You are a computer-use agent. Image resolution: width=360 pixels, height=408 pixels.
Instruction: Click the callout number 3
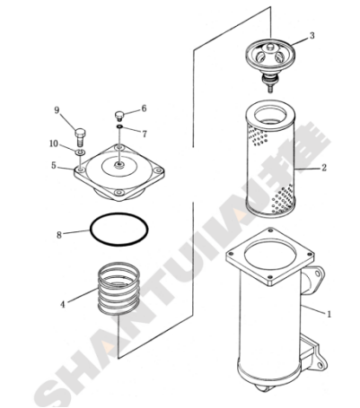pyautogui.click(x=312, y=36)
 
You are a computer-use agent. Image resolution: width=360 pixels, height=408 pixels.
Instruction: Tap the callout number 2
pyautogui.click(x=324, y=168)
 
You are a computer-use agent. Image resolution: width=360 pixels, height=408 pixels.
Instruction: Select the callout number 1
pyautogui.click(x=329, y=314)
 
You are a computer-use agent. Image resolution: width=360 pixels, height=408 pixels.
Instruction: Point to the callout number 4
pyautogui.click(x=63, y=305)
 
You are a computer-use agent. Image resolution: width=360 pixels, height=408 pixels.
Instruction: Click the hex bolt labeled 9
pyautogui.click(x=80, y=137)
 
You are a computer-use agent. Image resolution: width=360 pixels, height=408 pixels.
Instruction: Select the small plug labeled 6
pyautogui.click(x=119, y=115)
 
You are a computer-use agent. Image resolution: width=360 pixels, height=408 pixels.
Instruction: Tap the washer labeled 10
pyautogui.click(x=80, y=152)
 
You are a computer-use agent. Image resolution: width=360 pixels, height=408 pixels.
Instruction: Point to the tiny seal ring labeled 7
pyautogui.click(x=119, y=127)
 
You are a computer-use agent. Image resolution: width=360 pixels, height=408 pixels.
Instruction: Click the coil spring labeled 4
pyautogui.click(x=119, y=289)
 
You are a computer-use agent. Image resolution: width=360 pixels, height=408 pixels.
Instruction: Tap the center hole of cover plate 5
pyautogui.click(x=119, y=165)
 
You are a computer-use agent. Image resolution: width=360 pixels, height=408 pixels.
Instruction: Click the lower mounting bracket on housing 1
pyautogui.click(x=313, y=354)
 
